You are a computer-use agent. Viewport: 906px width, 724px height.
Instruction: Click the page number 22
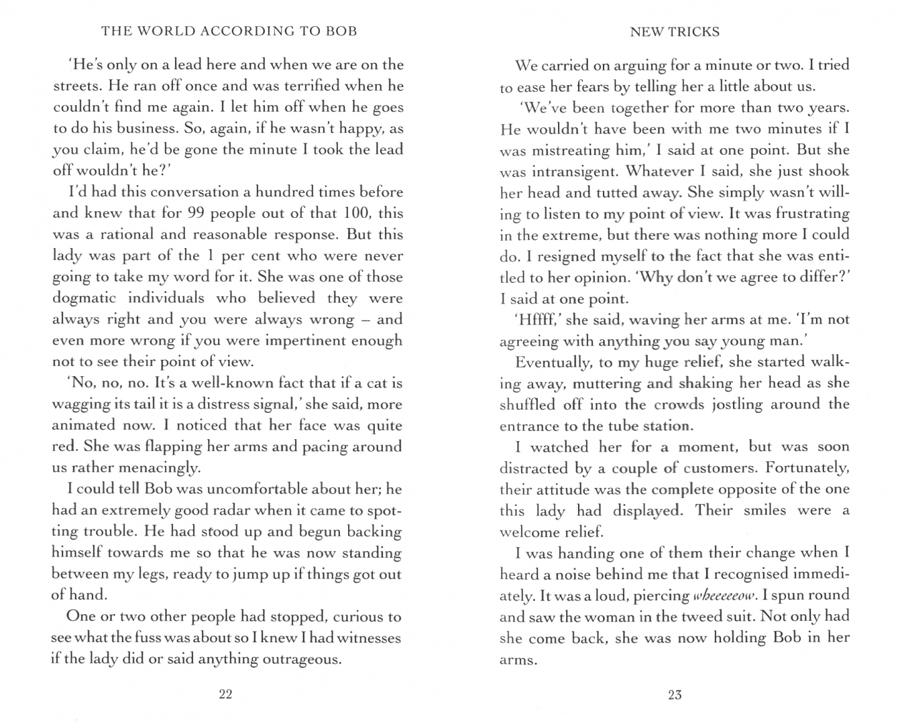[225, 695]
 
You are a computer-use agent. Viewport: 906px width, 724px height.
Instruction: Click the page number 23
[675, 695]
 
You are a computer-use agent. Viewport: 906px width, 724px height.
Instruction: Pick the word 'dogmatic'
[84, 298]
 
